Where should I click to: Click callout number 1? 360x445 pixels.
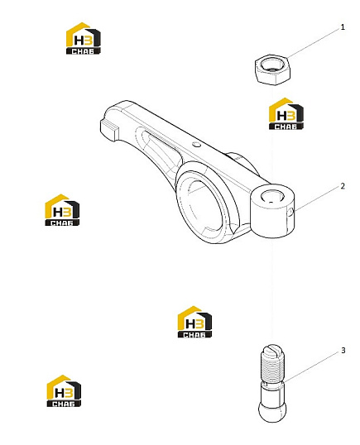[343, 27]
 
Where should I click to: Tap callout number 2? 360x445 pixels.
[343, 186]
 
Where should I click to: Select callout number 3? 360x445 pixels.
[343, 351]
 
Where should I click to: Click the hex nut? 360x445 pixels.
[272, 69]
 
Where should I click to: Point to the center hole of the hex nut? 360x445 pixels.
[271, 65]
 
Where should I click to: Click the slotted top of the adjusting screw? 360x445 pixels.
[272, 350]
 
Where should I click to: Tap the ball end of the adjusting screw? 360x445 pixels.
[272, 411]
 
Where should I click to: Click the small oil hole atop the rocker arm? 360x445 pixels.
[196, 145]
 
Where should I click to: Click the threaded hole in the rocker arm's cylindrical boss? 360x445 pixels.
[271, 197]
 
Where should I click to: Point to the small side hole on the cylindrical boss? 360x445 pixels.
[290, 213]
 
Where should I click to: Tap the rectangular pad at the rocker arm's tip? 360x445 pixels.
[108, 130]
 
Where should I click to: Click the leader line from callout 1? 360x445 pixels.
[314, 43]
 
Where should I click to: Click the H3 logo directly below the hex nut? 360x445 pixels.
[286, 114]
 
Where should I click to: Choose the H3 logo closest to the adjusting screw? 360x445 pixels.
[194, 322]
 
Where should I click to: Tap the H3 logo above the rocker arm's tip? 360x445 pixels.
[84, 38]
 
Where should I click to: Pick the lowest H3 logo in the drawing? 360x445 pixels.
[64, 391]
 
